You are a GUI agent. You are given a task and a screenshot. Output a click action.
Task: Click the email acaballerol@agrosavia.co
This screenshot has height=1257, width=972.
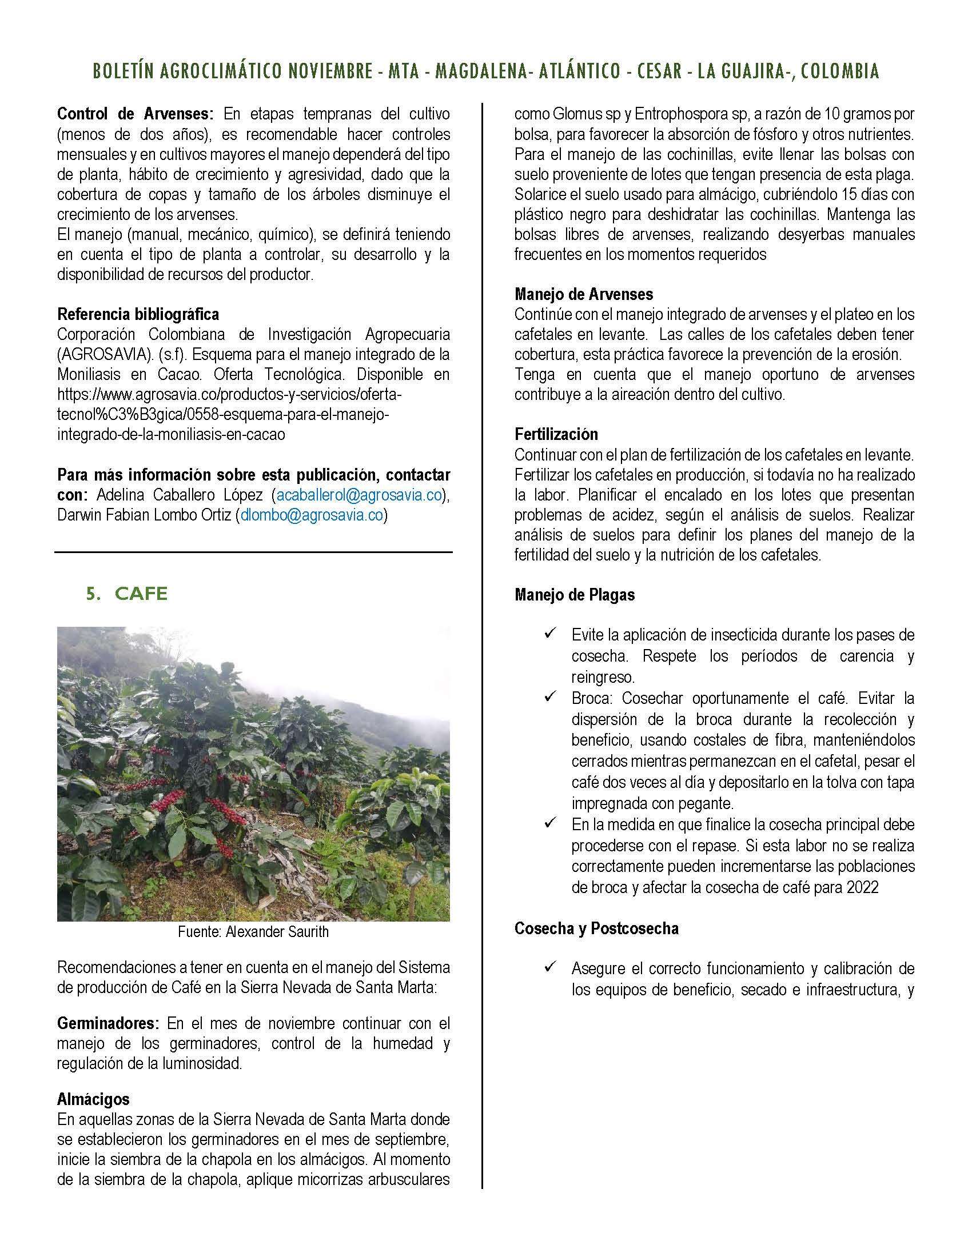point(358,495)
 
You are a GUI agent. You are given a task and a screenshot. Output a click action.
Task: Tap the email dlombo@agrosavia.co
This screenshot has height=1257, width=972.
point(312,515)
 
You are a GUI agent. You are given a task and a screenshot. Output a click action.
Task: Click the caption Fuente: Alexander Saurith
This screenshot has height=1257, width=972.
point(253,932)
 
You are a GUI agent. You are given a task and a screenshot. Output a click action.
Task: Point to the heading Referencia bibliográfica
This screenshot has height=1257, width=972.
point(138,314)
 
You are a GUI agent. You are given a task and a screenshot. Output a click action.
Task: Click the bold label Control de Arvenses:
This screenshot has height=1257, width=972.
point(135,114)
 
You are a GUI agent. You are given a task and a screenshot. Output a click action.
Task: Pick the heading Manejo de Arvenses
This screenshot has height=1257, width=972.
point(583,294)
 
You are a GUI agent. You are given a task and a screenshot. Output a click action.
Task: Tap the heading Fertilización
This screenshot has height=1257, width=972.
point(556,434)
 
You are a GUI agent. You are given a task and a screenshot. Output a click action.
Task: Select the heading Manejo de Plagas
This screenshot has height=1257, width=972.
point(574,595)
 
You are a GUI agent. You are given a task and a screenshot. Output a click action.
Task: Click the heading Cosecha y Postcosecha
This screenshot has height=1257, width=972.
point(596,928)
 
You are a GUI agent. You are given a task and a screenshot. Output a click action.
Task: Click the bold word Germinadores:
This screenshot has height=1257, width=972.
point(107,1023)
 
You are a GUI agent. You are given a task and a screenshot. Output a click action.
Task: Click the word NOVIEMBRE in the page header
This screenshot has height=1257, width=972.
point(330,71)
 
